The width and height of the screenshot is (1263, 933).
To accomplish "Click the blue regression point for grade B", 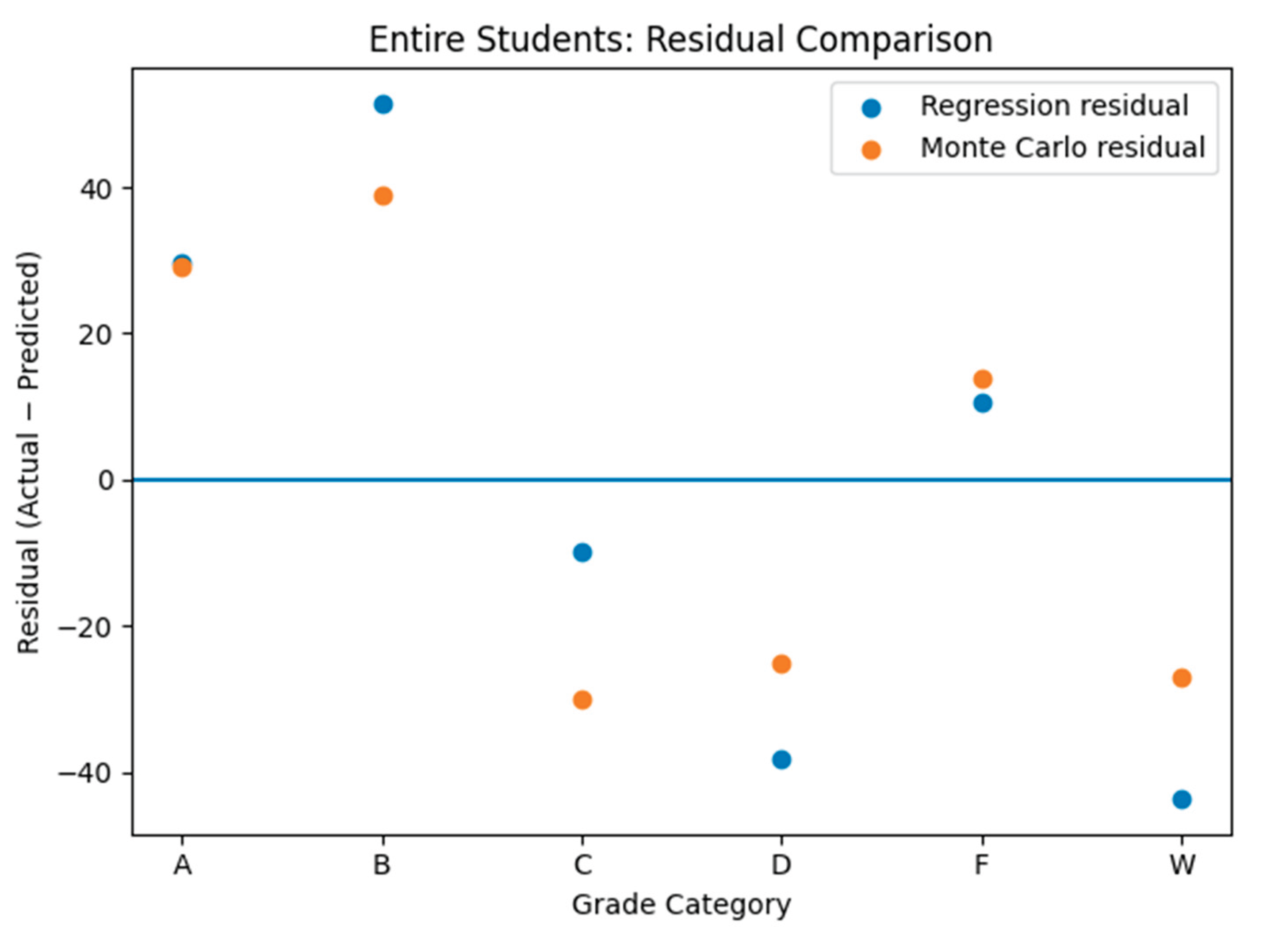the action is point(383,104).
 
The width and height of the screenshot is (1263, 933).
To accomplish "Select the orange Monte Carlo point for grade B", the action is point(383,197).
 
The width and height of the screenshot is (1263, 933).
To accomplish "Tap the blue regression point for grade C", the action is point(582,552).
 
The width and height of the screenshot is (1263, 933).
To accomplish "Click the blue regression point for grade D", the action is point(781,760).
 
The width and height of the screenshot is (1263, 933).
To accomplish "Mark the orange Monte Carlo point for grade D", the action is point(781,664).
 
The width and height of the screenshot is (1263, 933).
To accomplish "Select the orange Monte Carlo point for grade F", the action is point(983,379).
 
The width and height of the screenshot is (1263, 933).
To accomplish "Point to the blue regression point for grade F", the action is point(983,403).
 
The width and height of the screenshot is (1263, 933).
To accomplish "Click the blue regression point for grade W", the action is point(1182,800).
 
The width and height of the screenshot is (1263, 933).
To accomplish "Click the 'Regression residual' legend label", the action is point(1054,106).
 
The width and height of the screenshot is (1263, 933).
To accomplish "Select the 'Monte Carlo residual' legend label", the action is point(1063,148).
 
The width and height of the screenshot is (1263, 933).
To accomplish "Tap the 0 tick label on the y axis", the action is point(107,480).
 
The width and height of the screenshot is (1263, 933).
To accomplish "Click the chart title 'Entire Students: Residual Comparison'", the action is point(681,39).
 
